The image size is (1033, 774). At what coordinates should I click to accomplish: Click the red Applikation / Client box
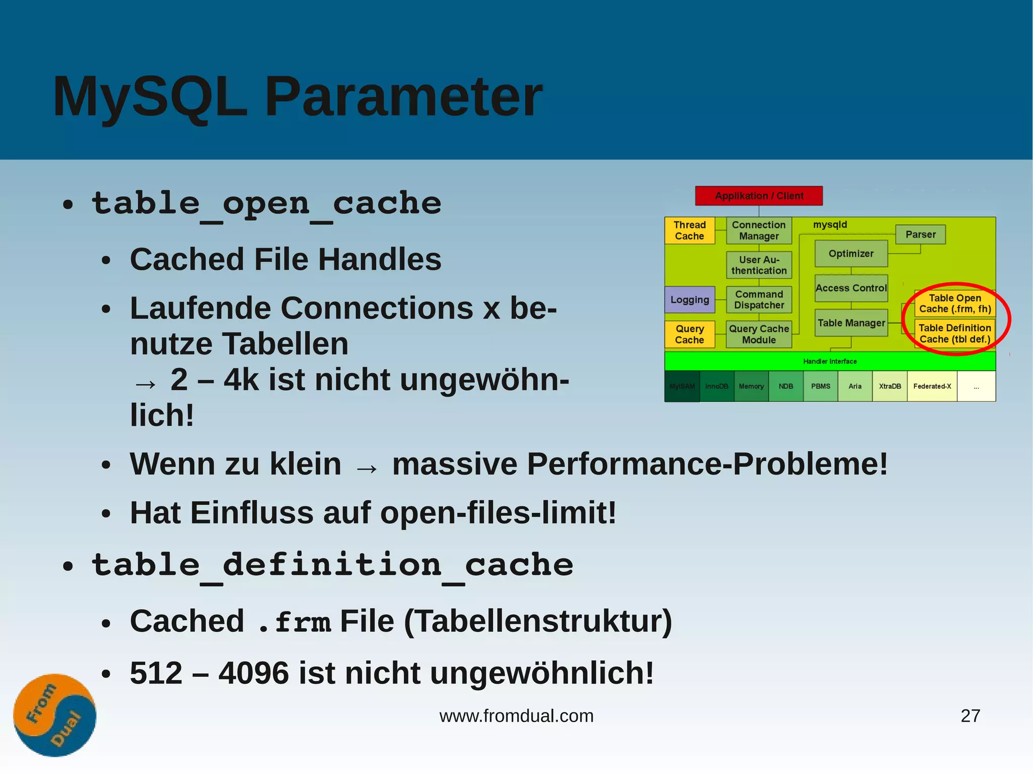[759, 196]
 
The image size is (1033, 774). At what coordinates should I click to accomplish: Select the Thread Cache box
[690, 230]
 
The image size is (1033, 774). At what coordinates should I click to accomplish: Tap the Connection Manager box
[759, 230]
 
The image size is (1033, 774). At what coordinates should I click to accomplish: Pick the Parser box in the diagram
[920, 234]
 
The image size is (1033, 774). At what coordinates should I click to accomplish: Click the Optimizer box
[851, 254]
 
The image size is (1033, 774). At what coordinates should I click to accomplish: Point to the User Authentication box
[759, 265]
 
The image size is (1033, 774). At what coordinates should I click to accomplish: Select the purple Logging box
[690, 300]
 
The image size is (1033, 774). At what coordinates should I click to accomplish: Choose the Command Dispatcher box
[759, 300]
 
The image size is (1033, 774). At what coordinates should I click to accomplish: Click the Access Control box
[851, 288]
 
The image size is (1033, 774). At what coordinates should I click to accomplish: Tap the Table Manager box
[851, 323]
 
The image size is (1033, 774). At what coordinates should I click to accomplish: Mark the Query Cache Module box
[759, 334]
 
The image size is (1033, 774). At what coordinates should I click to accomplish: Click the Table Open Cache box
[955, 304]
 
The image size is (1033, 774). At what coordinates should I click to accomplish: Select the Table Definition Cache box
[955, 333]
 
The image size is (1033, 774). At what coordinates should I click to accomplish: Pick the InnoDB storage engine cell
[717, 386]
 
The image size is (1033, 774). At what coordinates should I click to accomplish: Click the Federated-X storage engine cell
[932, 386]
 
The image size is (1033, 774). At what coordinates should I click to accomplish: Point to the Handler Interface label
[830, 361]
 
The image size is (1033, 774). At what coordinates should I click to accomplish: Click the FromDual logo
[54, 715]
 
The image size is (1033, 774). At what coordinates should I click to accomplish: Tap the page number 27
[970, 716]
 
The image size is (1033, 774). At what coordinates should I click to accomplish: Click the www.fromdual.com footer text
[516, 716]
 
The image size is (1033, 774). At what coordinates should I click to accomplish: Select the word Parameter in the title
[403, 96]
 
